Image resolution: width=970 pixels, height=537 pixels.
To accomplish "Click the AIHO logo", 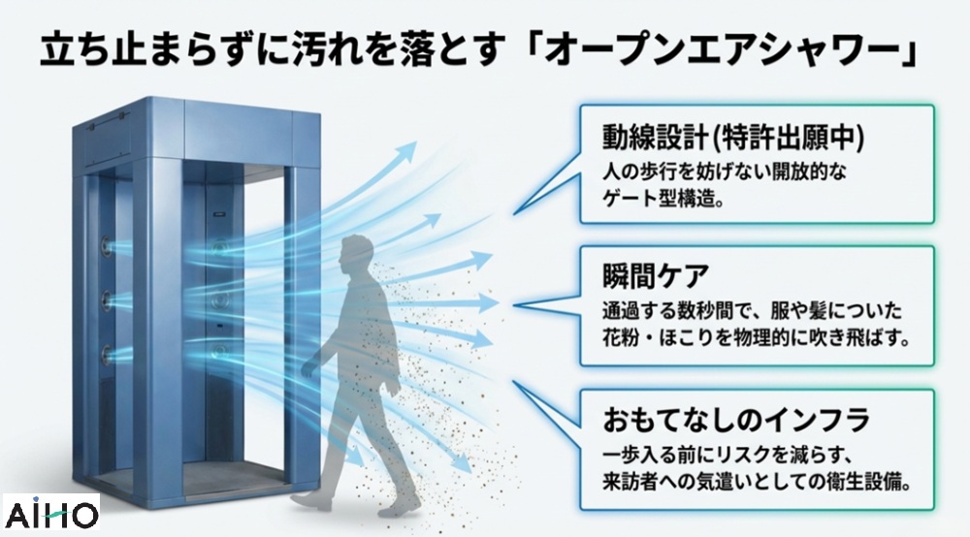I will click(50, 512).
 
